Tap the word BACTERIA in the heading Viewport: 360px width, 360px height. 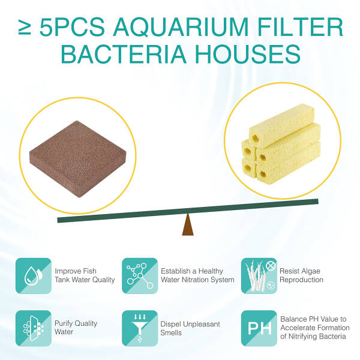click(124, 54)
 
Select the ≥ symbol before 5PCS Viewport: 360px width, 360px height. click(25, 28)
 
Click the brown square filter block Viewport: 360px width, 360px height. click(78, 159)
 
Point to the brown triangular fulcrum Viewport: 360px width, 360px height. click(188, 224)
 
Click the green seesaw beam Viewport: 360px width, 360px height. click(188, 211)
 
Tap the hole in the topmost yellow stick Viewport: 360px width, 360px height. click(256, 138)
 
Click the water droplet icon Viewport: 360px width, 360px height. click(34, 276)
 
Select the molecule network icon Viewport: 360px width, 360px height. click(140, 276)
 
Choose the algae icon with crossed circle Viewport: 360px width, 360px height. click(259, 276)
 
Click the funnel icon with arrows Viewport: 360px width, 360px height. click(140, 328)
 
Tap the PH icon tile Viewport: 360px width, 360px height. click(259, 328)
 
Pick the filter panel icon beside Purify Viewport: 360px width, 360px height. click(34, 328)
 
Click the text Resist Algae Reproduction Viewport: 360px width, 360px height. click(301, 275)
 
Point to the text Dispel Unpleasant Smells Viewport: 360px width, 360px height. click(190, 328)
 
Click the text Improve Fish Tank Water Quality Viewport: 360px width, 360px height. click(85, 275)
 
